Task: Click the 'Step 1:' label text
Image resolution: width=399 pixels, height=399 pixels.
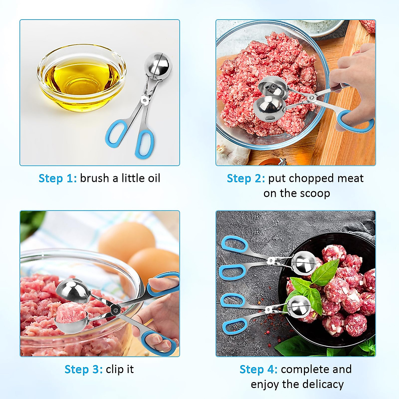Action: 58,178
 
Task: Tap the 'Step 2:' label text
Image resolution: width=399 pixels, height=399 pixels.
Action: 246,178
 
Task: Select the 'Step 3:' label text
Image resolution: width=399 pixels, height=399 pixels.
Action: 83,369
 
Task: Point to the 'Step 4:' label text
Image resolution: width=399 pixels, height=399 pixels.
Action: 258,369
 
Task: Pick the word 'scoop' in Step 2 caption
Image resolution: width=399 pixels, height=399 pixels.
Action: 314,193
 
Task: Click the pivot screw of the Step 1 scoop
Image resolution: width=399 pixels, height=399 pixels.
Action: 144,99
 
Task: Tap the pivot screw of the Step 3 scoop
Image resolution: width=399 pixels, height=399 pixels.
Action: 115,310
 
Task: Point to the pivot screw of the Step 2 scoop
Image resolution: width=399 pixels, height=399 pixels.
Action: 312,97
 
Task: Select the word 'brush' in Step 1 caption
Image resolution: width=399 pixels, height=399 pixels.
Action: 94,178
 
